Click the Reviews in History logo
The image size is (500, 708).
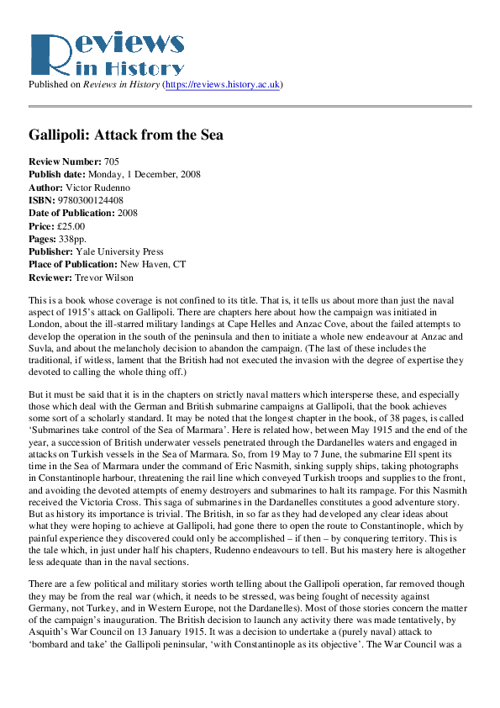click(106, 54)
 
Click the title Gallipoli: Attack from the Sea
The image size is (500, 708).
click(126, 135)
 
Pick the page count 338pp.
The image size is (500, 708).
click(75, 240)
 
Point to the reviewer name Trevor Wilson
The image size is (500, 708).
click(103, 277)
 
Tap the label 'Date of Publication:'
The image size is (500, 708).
click(73, 214)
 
